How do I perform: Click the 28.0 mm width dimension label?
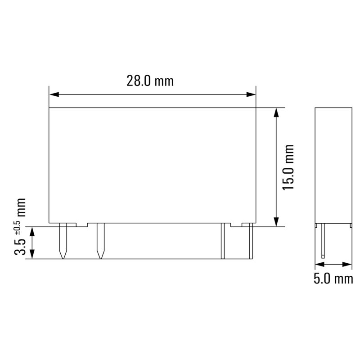pyautogui.click(x=150, y=81)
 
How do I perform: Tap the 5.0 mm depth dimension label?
pyautogui.click(x=333, y=279)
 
